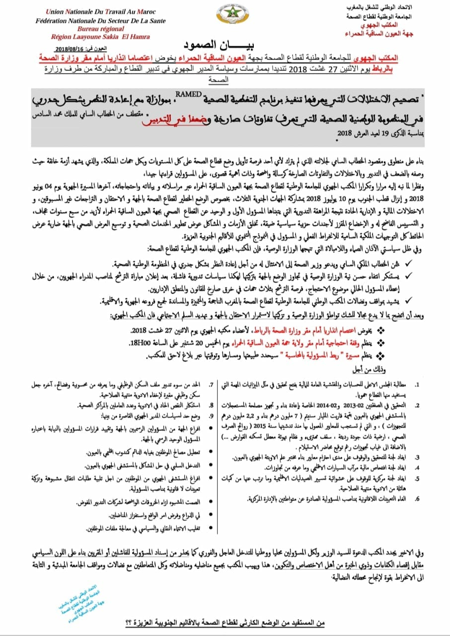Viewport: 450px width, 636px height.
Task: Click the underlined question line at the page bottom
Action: [225, 623]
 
